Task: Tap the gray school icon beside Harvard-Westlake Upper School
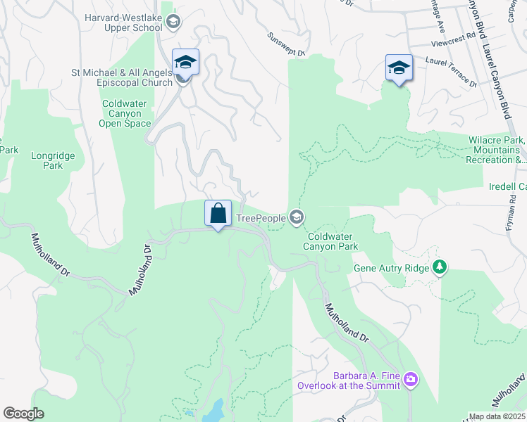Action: click(173, 23)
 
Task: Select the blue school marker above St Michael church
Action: click(186, 62)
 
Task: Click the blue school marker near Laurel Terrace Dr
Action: click(399, 68)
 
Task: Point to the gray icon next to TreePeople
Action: click(297, 218)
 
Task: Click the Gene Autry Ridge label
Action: click(391, 267)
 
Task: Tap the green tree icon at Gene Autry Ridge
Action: click(440, 267)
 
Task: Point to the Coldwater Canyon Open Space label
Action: click(125, 113)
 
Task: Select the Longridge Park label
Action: click(47, 161)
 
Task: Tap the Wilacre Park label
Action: click(497, 150)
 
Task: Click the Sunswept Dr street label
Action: click(286, 44)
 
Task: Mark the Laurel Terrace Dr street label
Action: click(452, 73)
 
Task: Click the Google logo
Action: click(23, 413)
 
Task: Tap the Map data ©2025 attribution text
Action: click(496, 416)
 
